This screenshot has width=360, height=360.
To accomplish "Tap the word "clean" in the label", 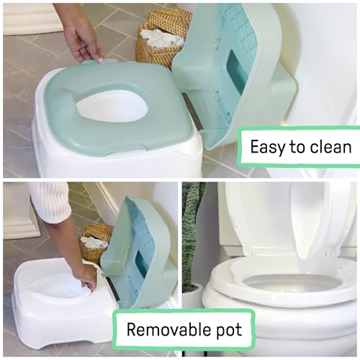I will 329,148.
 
